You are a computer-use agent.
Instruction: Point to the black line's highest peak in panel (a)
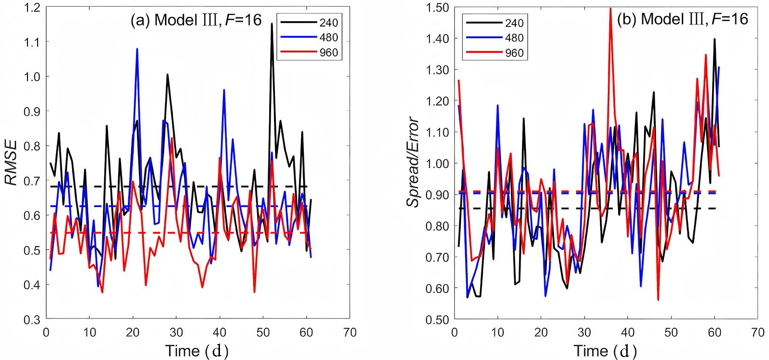coord(272,24)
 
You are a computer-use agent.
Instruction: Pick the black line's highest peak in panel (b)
coord(714,39)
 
